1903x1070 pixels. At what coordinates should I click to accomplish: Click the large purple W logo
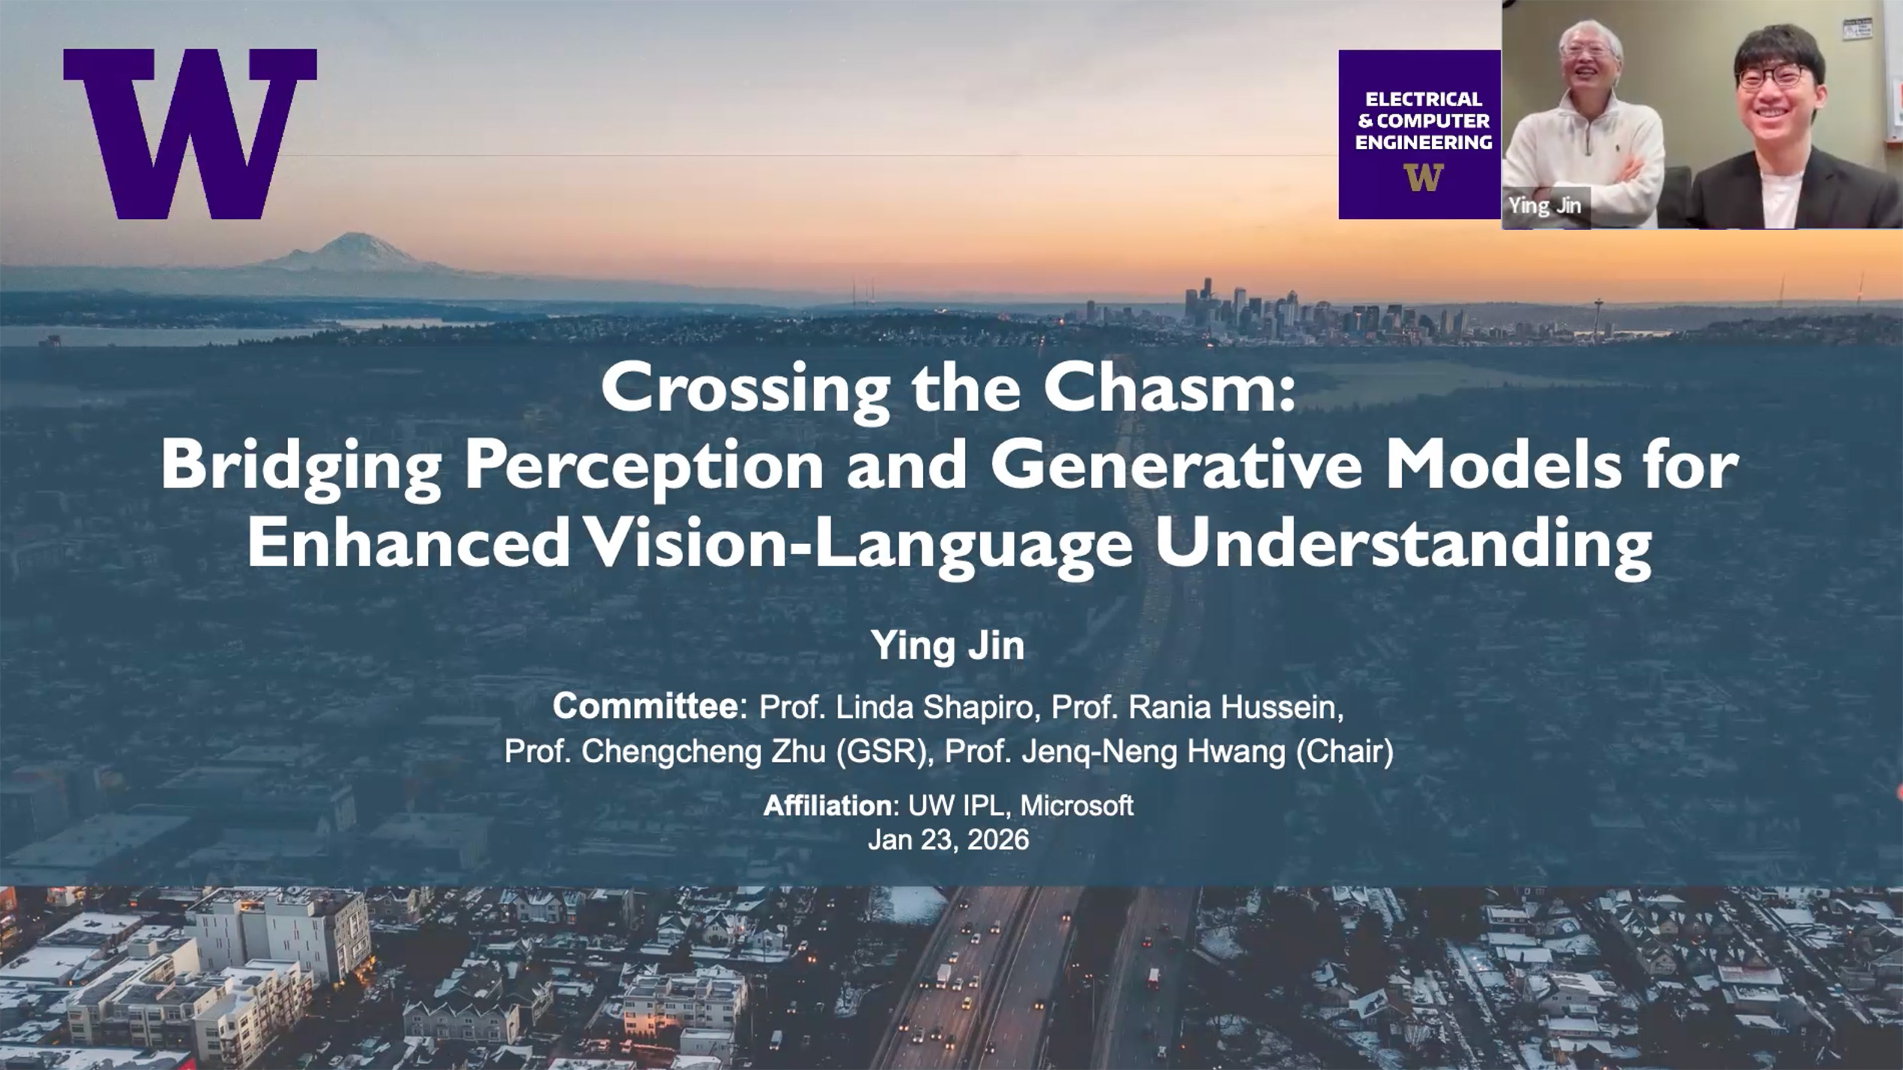coord(190,133)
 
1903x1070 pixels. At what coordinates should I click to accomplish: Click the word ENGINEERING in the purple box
coord(1423,142)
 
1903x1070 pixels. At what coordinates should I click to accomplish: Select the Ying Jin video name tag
coord(1544,206)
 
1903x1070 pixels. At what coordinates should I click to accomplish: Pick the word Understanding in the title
coord(1404,546)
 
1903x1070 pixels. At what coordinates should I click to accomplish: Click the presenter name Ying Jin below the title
coord(948,646)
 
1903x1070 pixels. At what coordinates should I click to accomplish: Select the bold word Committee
coord(645,707)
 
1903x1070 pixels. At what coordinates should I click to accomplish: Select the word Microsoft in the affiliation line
coord(1076,806)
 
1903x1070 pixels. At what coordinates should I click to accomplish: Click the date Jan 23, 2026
coord(948,840)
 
